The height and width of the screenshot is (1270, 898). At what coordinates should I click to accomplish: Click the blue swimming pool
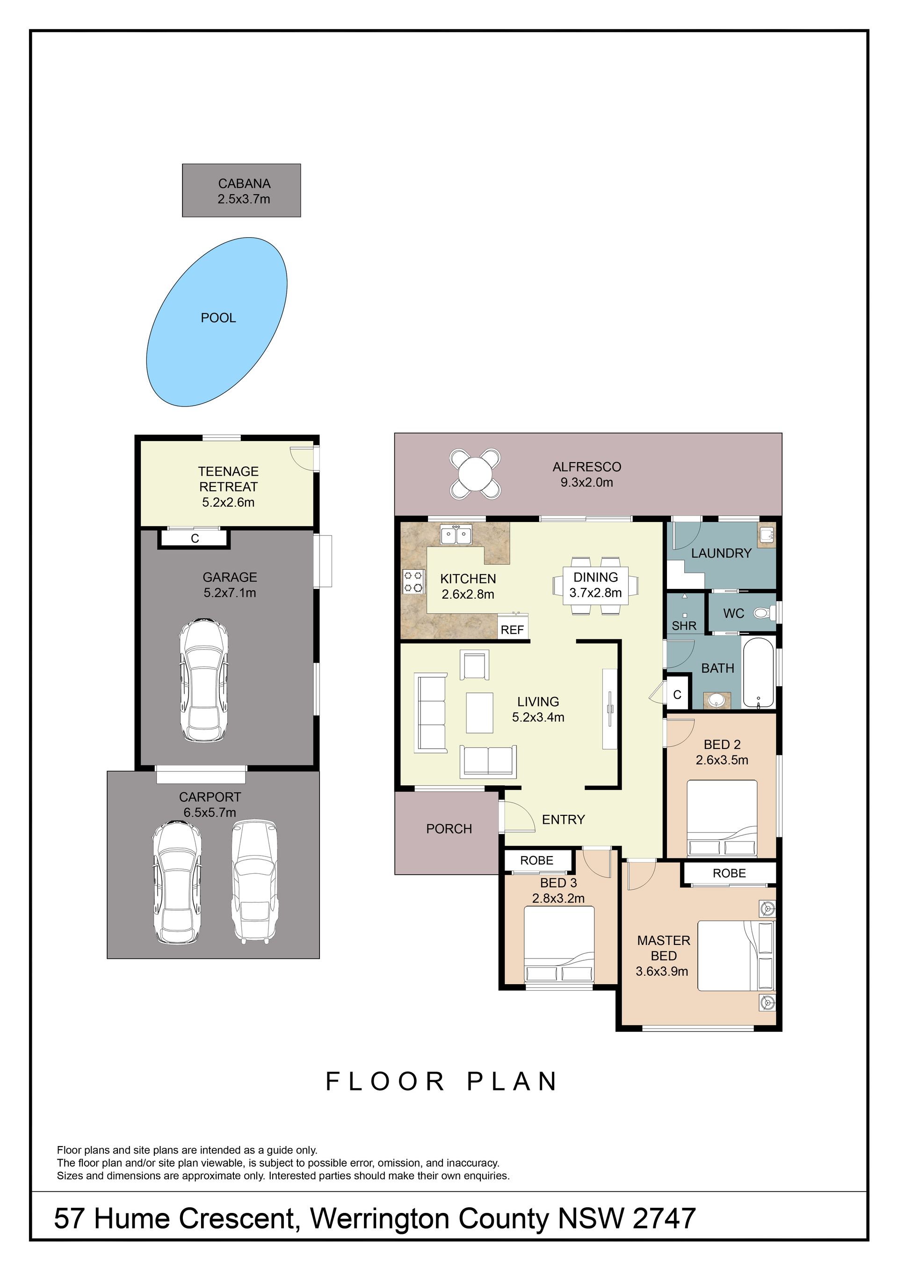(x=217, y=322)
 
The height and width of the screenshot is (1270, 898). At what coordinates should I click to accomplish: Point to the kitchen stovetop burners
(x=413, y=581)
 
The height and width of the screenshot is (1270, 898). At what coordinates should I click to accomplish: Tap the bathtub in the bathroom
(x=759, y=673)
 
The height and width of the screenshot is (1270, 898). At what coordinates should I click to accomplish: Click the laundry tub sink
(x=767, y=535)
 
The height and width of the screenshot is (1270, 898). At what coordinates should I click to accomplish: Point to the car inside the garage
(x=203, y=680)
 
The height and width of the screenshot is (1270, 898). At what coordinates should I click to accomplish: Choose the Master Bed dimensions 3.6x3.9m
(x=662, y=972)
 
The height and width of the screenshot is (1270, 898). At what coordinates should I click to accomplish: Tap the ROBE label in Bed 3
(x=536, y=861)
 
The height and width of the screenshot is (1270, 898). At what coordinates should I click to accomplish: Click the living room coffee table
(x=479, y=712)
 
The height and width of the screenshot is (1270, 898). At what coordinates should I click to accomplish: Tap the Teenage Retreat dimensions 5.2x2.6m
(x=228, y=503)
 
